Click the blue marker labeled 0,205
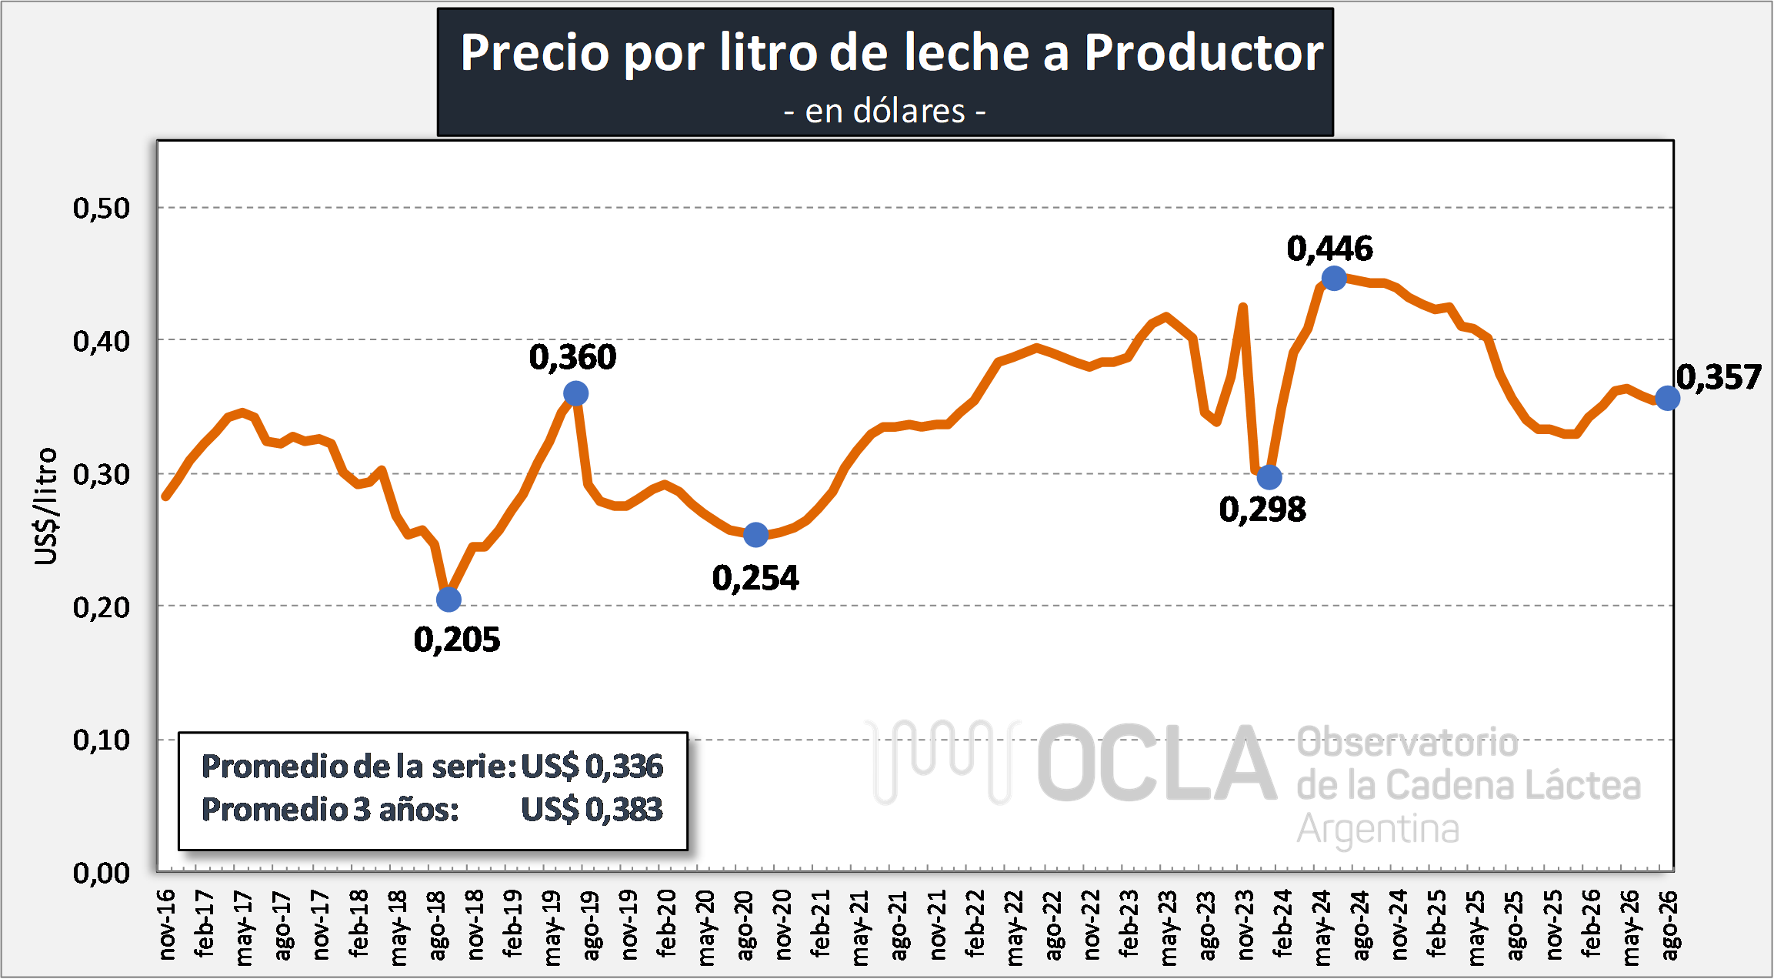click(x=449, y=599)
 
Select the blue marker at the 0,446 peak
click(x=1334, y=278)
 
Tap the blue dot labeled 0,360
click(x=575, y=394)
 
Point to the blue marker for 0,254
click(x=756, y=534)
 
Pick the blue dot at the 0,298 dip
click(x=1269, y=477)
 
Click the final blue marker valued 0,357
click(x=1667, y=398)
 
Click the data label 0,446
click(x=1330, y=249)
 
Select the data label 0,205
click(x=457, y=640)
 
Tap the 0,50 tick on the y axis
click(x=102, y=208)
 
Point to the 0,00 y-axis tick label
click(x=102, y=873)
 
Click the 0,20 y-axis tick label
click(x=102, y=607)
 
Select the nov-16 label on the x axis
click(x=166, y=924)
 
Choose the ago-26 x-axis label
click(x=1669, y=926)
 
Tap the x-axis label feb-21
click(x=821, y=924)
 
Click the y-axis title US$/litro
click(x=46, y=506)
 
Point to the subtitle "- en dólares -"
click(x=885, y=112)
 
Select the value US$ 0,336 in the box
click(x=592, y=766)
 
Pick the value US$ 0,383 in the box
click(x=592, y=809)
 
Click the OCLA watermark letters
click(x=1156, y=763)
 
